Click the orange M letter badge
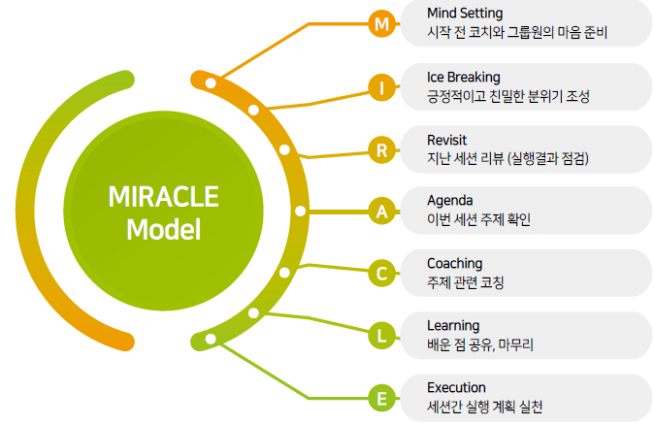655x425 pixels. tap(381, 24)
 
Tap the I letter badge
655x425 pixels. tap(381, 87)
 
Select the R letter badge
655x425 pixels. tap(381, 149)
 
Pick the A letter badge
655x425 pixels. tap(381, 212)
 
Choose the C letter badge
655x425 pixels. tap(381, 274)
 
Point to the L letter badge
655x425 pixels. tap(381, 336)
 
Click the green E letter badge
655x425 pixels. tap(381, 398)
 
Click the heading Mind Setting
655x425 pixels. tap(465, 14)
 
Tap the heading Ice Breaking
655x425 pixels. tap(463, 78)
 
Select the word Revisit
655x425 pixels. tap(446, 140)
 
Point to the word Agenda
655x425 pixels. tap(450, 201)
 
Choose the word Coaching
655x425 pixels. tap(454, 264)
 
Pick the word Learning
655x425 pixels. tap(453, 326)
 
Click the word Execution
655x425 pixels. tap(456, 387)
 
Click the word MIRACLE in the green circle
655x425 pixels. tap(163, 196)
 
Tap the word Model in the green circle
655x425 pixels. tap(163, 229)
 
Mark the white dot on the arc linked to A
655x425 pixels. tap(300, 211)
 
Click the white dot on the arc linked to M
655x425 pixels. tap(211, 82)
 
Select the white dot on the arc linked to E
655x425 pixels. tap(211, 339)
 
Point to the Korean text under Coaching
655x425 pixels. tap(466, 282)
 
